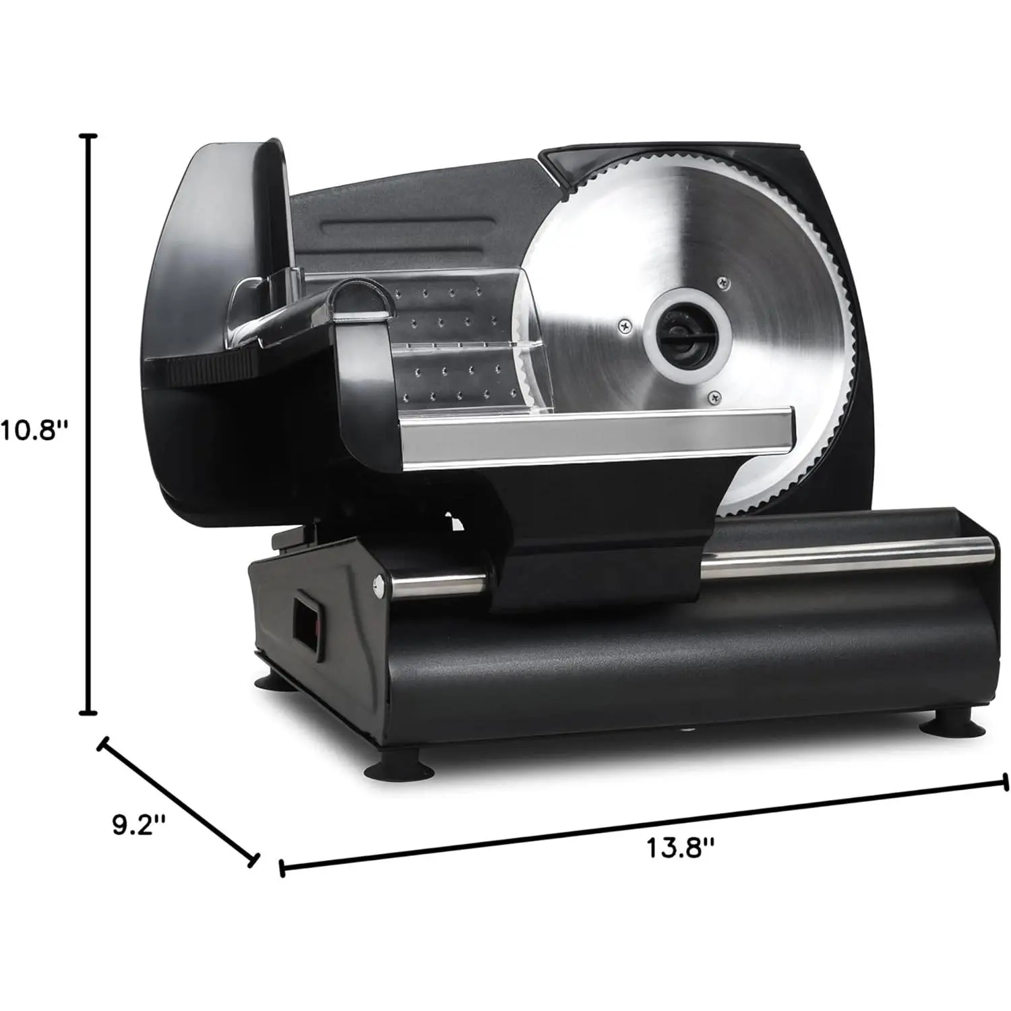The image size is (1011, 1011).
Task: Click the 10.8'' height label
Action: (35, 429)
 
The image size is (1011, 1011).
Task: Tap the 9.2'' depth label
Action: (139, 825)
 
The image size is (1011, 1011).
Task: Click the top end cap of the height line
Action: (88, 135)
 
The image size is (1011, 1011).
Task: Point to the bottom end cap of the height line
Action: (88, 712)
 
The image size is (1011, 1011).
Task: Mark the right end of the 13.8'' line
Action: (1006, 782)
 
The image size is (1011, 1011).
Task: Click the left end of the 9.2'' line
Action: (102, 745)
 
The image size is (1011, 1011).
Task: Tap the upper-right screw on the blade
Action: (723, 284)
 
